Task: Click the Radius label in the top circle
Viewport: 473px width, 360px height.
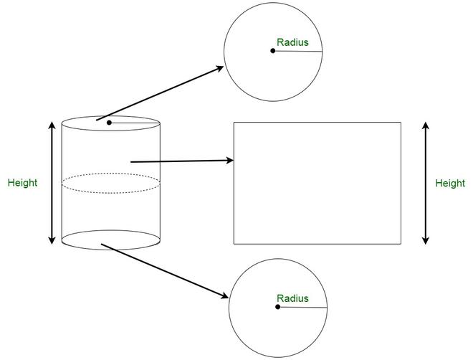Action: [292, 42]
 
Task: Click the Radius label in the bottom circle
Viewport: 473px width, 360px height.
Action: [292, 298]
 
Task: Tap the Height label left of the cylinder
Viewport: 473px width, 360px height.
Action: [23, 183]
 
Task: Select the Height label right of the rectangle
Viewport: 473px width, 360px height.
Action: [450, 184]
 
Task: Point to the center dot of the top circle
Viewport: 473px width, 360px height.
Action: [273, 51]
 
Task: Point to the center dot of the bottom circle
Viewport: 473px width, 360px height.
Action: [278, 307]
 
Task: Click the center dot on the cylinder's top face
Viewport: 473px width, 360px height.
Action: [109, 123]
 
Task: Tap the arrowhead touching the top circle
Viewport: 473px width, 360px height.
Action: [219, 69]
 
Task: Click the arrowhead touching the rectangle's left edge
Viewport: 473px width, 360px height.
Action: [229, 160]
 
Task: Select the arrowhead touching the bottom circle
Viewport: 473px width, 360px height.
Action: [224, 295]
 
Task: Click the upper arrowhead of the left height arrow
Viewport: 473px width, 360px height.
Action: [52, 125]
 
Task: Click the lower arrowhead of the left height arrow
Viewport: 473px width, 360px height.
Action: [52, 240]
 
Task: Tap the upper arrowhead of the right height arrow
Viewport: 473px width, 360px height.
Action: [425, 125]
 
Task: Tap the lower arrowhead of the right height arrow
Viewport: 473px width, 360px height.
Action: [425, 240]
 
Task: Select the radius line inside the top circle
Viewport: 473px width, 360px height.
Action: [297, 52]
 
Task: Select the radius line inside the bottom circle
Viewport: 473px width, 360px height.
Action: [302, 307]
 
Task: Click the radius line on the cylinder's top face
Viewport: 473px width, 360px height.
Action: [135, 123]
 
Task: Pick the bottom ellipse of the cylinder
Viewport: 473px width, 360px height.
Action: [110, 250]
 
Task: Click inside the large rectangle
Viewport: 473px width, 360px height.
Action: [317, 183]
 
